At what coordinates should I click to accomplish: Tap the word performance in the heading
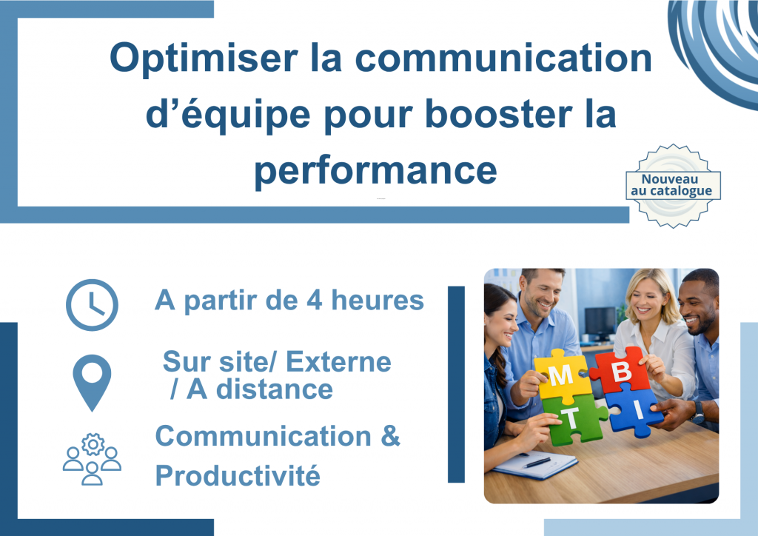pos(375,172)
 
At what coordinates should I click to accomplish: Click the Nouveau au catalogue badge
pos(673,186)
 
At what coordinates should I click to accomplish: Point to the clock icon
pos(92,304)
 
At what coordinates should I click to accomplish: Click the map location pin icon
pos(92,382)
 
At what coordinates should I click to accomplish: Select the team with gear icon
pos(92,459)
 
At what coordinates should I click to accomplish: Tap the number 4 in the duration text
pos(314,300)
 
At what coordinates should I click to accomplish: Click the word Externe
pos(338,362)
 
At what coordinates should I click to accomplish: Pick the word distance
pos(275,389)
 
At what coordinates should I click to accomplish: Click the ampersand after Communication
pos(391,436)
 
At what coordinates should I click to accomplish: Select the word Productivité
pos(238,475)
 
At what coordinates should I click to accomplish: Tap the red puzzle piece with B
pos(621,369)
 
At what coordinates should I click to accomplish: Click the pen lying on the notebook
pos(537,463)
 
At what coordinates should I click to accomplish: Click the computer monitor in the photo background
pos(600,322)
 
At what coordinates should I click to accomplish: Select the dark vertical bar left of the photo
pos(456,384)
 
